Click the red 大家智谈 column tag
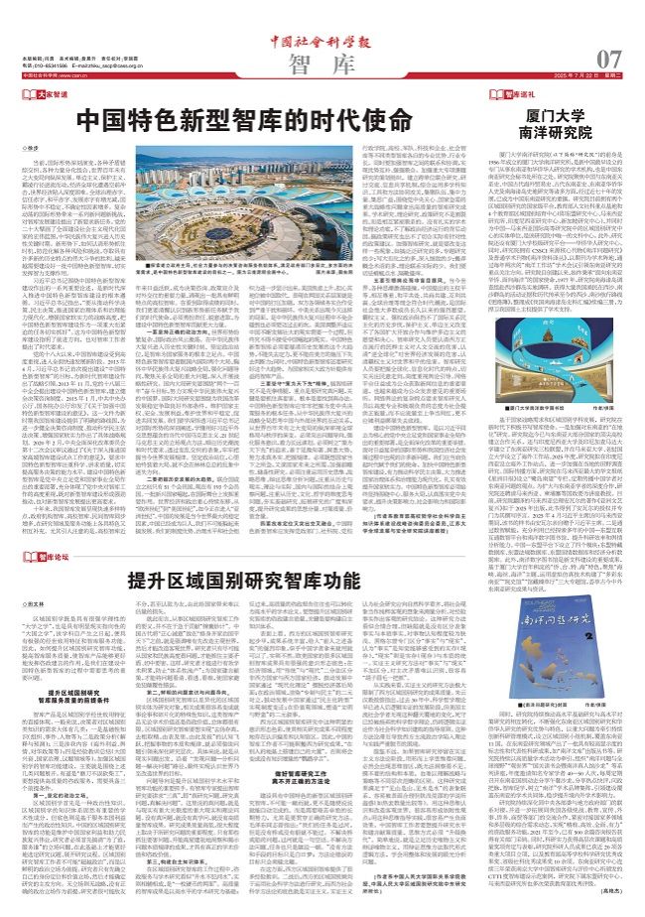point(51,93)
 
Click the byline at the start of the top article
point(36,148)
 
